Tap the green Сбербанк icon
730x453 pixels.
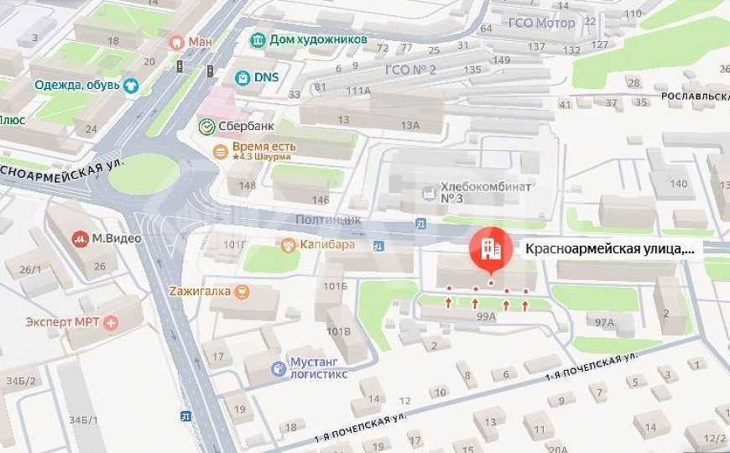[x=206, y=126]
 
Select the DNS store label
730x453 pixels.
[x=266, y=77]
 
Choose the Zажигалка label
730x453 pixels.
[x=199, y=291]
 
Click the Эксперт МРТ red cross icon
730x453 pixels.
[x=111, y=322]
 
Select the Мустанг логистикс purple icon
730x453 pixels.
[x=279, y=367]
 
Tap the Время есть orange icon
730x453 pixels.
[x=220, y=151]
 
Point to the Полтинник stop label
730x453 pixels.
[x=328, y=219]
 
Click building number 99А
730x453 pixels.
[x=486, y=316]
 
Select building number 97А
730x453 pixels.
[x=603, y=322]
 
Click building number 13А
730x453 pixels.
[x=409, y=125]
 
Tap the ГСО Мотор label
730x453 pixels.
[x=542, y=23]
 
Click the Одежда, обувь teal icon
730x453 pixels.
[x=130, y=85]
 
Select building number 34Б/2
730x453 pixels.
[x=17, y=381]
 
